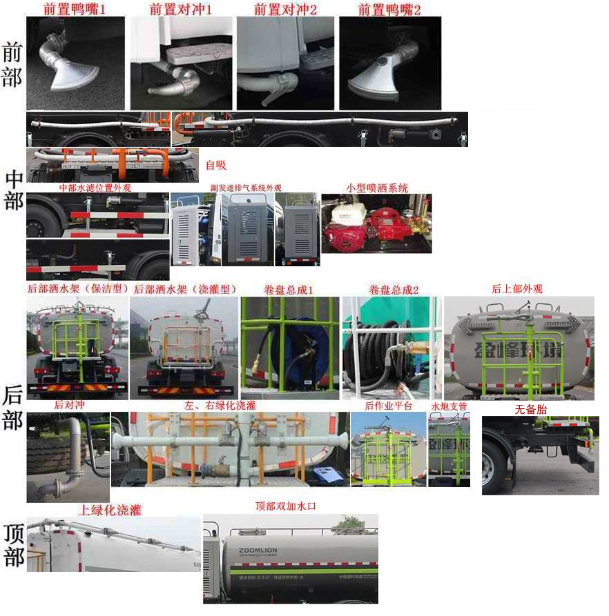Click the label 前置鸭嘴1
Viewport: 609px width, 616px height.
(75, 10)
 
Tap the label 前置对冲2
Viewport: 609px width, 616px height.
(285, 10)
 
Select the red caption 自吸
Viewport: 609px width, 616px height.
(216, 165)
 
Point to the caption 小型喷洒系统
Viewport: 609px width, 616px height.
(377, 188)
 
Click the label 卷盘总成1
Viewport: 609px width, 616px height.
(289, 290)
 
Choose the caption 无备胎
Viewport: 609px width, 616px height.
(531, 410)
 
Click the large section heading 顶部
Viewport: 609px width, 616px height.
(13, 545)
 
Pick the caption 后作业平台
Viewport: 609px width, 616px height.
(388, 406)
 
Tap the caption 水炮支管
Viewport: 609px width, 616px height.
(449, 406)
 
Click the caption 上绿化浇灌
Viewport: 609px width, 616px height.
(110, 510)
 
